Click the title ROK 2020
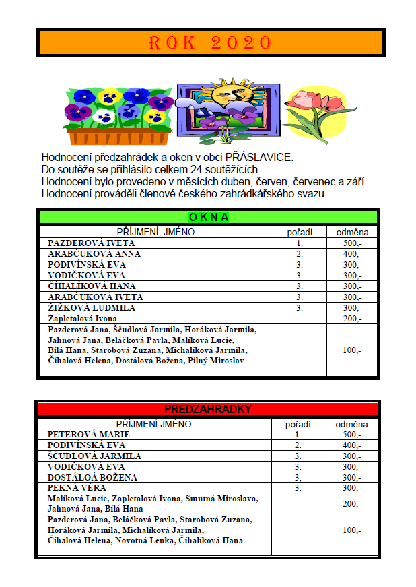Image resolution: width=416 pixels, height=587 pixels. coord(209,43)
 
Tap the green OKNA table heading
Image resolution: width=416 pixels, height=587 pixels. coord(209,217)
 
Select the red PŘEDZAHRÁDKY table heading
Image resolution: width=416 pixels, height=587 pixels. coord(208,409)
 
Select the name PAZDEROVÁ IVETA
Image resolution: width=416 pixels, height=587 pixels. coord(91,243)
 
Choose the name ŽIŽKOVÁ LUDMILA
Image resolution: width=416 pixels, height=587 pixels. coord(92,308)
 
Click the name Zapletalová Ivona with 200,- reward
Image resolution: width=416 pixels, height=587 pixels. coord(82,319)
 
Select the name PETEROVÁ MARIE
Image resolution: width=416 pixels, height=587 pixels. coord(88,435)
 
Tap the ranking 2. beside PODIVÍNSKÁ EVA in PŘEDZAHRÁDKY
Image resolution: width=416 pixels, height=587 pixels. coord(298,445)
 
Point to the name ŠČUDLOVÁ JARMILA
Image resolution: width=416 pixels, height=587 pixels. coord(94,456)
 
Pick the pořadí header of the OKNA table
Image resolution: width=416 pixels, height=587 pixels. coord(299,232)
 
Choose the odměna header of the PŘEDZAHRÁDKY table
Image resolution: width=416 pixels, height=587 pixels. coord(352,424)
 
